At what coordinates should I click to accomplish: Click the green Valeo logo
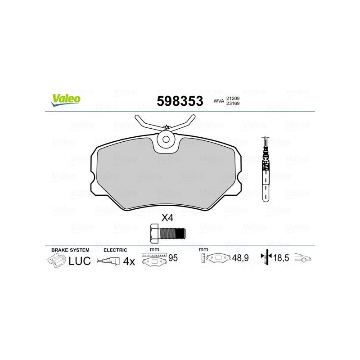tap(66, 100)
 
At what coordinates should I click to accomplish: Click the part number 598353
tap(180, 101)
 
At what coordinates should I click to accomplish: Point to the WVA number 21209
tap(233, 98)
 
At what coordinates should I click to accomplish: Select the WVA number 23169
tap(233, 103)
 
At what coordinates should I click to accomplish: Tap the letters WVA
tap(219, 101)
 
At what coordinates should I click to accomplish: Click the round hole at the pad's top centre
tap(166, 139)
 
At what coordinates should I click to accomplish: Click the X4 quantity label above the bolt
tap(167, 218)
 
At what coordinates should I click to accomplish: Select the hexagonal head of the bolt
tap(155, 233)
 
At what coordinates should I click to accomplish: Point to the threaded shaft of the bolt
tap(172, 233)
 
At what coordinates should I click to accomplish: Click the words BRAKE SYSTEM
tap(70, 250)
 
